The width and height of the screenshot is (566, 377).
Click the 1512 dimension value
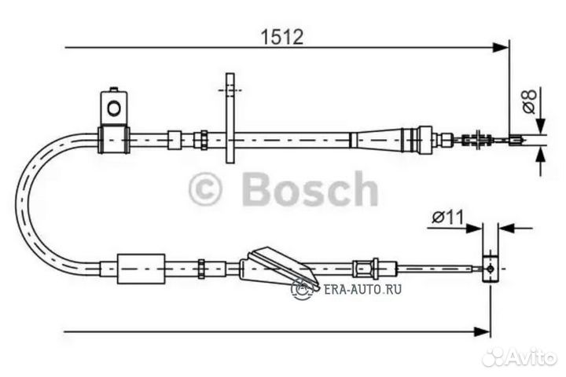point(282,37)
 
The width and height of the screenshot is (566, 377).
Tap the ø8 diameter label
point(530,101)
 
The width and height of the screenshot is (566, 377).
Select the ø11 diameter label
point(447,217)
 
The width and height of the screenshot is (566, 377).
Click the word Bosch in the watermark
point(310,189)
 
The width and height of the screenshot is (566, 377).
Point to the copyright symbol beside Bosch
point(204,189)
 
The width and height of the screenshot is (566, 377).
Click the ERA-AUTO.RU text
point(362,289)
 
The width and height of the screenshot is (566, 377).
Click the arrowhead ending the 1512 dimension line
point(501,47)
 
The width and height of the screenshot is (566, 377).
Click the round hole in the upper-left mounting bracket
point(114,108)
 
